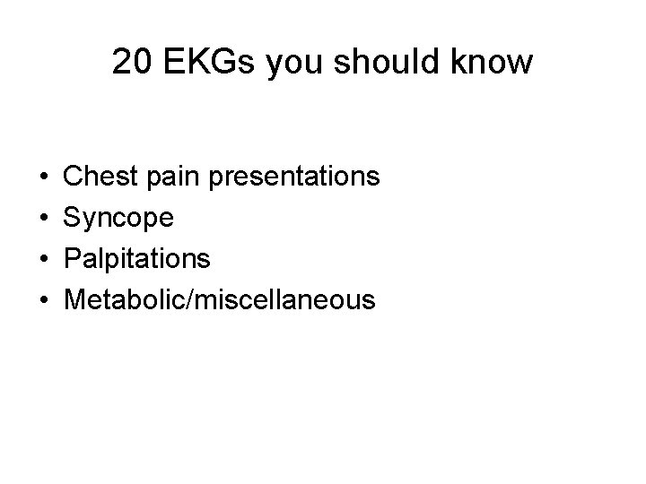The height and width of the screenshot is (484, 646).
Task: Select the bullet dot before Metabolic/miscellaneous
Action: pyautogui.click(x=43, y=301)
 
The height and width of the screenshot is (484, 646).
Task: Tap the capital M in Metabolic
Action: pyautogui.click(x=76, y=300)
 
